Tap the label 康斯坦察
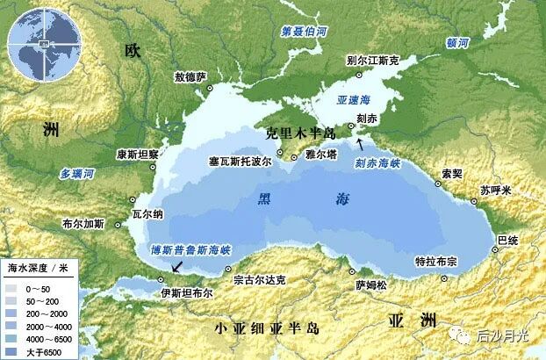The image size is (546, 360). click(136, 155)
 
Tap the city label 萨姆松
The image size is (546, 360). click(370, 284)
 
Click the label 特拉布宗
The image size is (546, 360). click(436, 263)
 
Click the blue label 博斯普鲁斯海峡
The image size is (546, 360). click(190, 249)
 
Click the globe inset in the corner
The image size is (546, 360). click(38, 40)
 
